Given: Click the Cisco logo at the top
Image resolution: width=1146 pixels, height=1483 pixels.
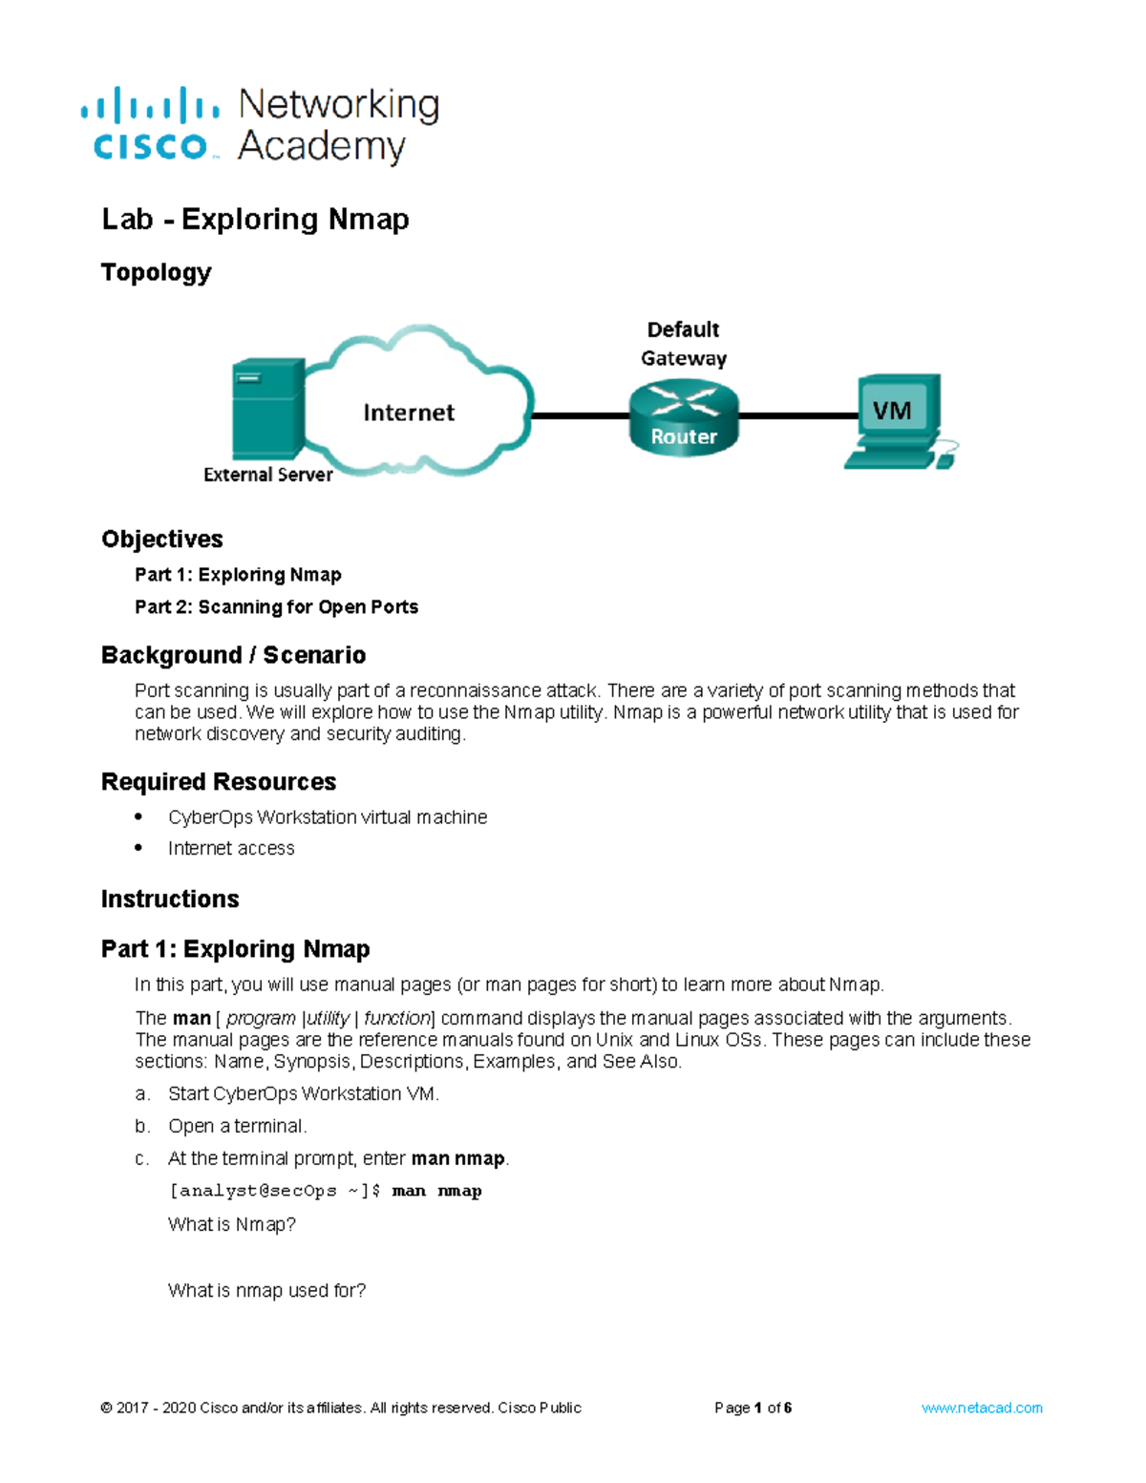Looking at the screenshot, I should coord(151,125).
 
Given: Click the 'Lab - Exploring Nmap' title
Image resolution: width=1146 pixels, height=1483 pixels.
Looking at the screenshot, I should coord(255,220).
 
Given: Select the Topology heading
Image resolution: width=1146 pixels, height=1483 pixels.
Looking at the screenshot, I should coord(156,273).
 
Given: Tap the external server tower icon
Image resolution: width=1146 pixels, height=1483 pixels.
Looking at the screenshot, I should coord(267,408).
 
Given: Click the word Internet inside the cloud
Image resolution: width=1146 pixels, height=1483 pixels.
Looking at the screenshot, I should coord(409,413).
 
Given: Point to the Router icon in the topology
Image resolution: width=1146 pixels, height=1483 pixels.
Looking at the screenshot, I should coord(684,417).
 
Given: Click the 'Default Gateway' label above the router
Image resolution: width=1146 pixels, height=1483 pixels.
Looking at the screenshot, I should coord(683,344).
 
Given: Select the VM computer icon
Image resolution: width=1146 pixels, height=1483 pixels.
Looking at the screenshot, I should coord(898,420).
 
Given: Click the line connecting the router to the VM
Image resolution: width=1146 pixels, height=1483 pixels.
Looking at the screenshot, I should coord(798,415).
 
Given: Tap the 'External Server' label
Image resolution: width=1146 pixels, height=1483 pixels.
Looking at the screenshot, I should coord(267,475).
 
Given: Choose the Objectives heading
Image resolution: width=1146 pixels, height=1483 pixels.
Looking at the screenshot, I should coord(162,540).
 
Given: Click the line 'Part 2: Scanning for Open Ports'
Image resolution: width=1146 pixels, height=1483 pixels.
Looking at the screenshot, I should coord(276,607).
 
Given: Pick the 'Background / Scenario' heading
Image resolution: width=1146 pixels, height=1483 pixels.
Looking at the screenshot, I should coord(233,655).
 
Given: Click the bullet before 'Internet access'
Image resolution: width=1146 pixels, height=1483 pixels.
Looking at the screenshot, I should coord(139,848).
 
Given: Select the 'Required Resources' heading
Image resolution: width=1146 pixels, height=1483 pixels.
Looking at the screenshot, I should coord(219,782).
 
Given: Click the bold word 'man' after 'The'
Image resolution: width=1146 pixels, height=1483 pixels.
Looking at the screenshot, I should coord(191,1018).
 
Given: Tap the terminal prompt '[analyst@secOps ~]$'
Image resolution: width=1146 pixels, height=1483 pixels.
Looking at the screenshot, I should coord(275,1191).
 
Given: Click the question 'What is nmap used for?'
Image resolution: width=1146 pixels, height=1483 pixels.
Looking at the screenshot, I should coord(266,1291).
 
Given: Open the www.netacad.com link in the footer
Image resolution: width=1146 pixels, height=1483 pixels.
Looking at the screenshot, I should coord(982,1408).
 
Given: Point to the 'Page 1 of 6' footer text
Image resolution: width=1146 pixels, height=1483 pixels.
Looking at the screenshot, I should coord(753,1408).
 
